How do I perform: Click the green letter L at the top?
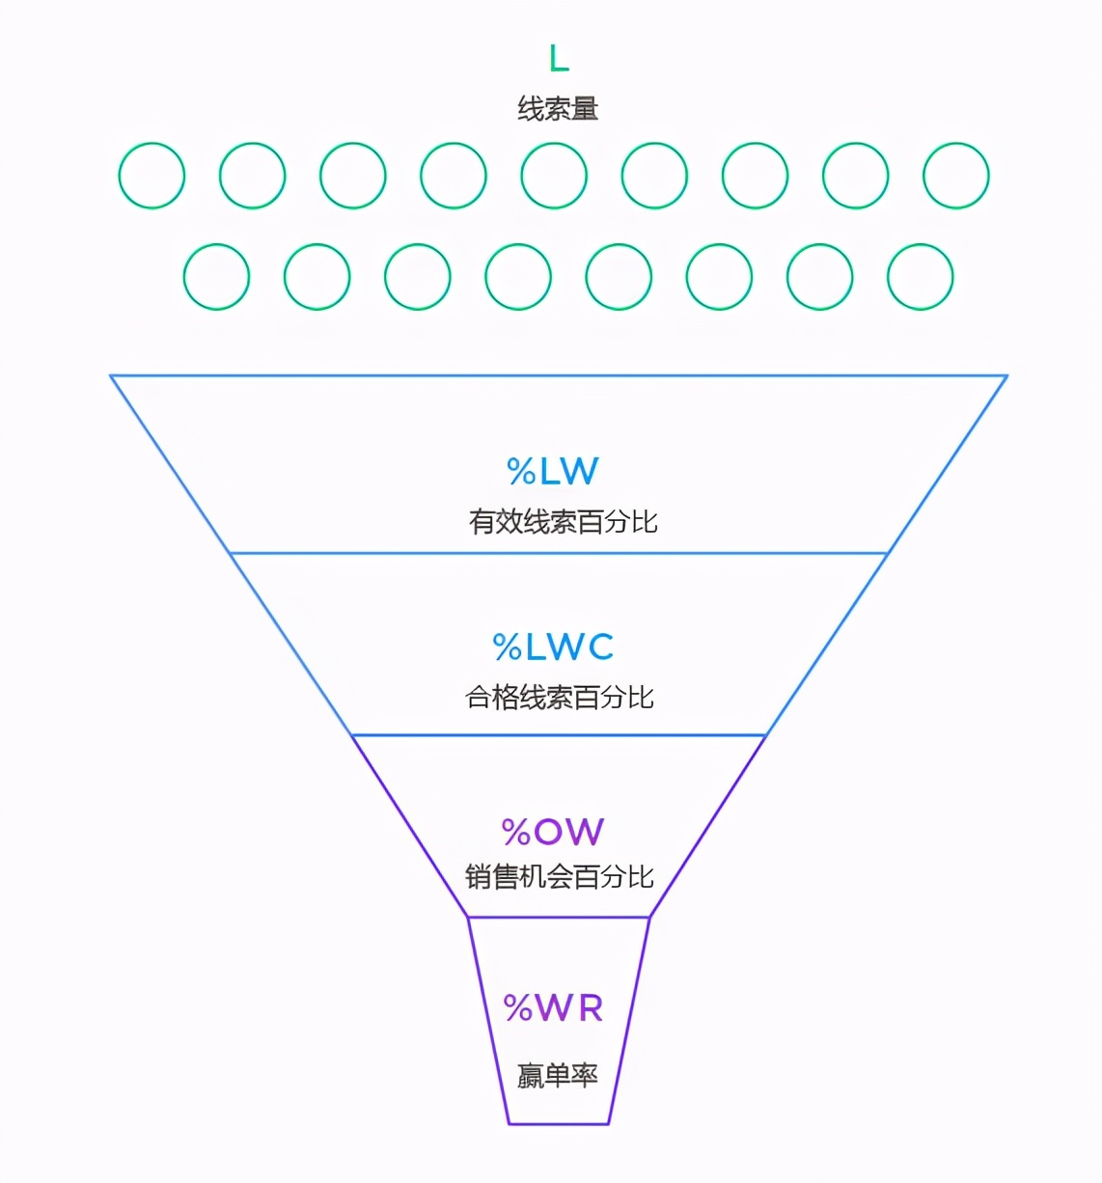click(x=559, y=59)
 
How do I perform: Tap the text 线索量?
click(x=558, y=108)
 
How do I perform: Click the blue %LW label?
click(x=553, y=471)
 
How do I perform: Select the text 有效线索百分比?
click(x=563, y=522)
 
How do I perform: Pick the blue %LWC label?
click(x=553, y=647)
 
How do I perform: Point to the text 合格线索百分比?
click(x=560, y=697)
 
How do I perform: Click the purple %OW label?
click(x=553, y=832)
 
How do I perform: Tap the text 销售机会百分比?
click(x=560, y=876)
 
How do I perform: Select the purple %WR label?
click(x=554, y=1008)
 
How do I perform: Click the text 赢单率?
click(x=558, y=1075)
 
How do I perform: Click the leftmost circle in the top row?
click(x=152, y=176)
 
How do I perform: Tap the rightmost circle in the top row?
click(x=956, y=176)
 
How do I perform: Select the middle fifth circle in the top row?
click(x=554, y=176)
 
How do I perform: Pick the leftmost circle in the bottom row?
click(x=216, y=277)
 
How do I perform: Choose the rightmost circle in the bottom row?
click(x=921, y=277)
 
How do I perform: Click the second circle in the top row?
click(x=252, y=176)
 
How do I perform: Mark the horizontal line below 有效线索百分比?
click(x=559, y=554)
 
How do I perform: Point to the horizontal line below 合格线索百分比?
click(x=559, y=735)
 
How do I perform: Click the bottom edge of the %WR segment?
click(x=559, y=1124)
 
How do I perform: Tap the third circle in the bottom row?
click(x=418, y=277)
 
